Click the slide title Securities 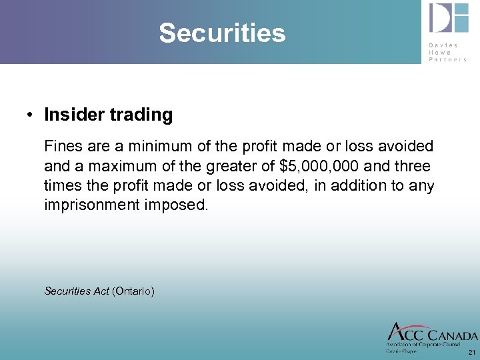(222, 33)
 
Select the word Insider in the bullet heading (71, 115)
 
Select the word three (413, 165)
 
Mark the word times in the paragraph (60, 185)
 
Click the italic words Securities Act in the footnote (76, 291)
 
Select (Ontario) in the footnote (133, 291)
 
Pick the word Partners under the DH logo (448, 59)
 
